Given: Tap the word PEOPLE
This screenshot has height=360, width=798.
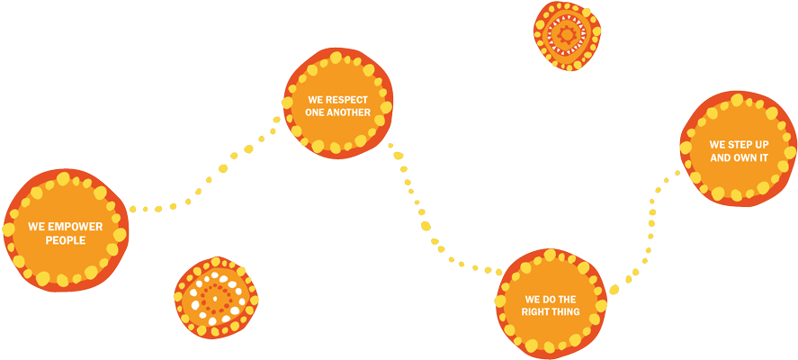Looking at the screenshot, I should point(66,240).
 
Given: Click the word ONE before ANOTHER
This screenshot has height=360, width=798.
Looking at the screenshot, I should point(317,112).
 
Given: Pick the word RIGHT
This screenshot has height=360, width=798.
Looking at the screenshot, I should point(537,311).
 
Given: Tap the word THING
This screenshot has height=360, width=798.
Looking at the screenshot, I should point(568,311).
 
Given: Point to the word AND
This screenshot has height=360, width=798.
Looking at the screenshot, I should point(722,157).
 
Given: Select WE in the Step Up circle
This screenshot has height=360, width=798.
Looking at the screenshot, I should point(717,144).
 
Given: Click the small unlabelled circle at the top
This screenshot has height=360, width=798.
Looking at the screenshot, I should point(567,35).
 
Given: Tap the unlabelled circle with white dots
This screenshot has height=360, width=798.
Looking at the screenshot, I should point(216,297).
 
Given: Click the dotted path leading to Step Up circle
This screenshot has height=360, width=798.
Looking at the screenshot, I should point(650,225).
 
